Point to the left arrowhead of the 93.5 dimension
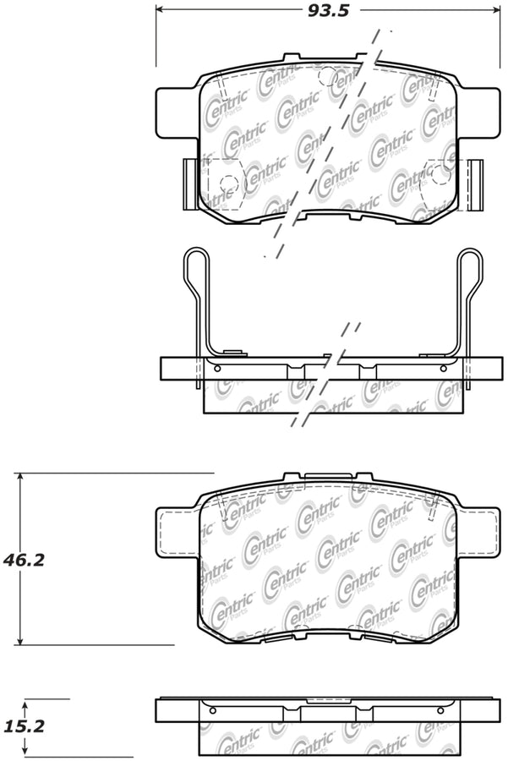(160, 12)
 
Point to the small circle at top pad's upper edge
(326, 74)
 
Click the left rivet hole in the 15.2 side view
(212, 709)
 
